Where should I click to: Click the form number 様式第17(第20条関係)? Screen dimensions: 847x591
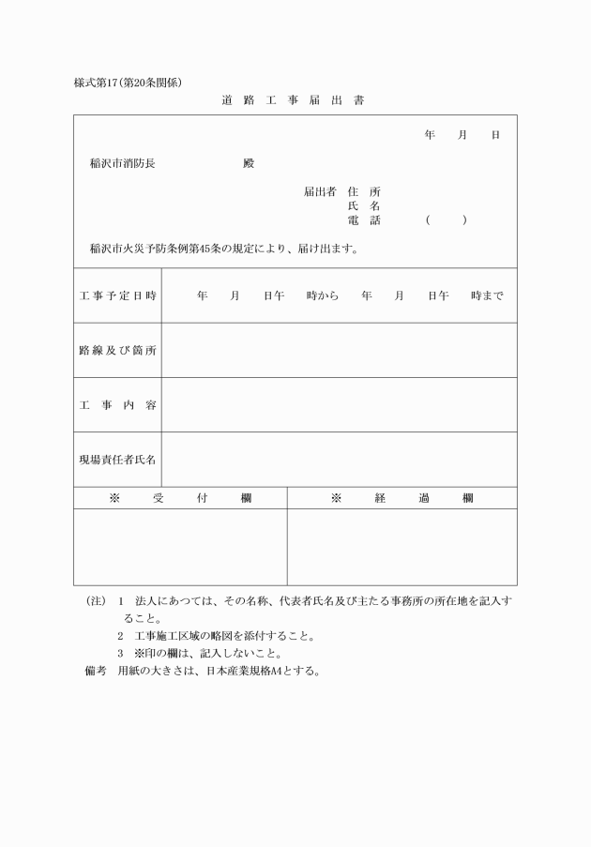click(134, 83)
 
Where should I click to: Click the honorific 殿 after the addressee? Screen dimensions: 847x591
click(248, 163)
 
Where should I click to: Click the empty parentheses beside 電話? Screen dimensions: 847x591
click(445, 220)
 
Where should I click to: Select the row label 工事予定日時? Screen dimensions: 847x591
click(117, 295)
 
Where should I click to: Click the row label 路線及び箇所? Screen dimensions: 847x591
click(117, 350)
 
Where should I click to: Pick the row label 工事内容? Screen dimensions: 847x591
click(117, 405)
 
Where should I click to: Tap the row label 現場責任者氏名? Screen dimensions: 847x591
click(117, 460)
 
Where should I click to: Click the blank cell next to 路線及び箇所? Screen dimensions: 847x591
click(339, 350)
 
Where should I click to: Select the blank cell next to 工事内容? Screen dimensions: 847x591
click(339, 405)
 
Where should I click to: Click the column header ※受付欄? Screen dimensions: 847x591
click(180, 498)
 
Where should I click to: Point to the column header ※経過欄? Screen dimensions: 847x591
click(402, 498)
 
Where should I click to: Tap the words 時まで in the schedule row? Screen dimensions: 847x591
click(487, 295)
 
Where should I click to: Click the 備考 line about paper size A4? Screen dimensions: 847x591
click(203, 672)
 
